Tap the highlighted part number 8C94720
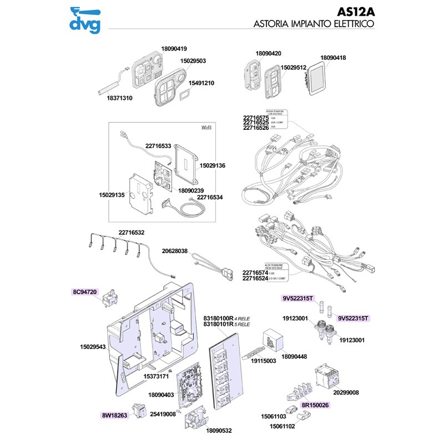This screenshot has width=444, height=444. (84, 291)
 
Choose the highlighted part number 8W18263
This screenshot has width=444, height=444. (114, 415)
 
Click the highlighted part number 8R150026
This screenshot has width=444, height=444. (315, 405)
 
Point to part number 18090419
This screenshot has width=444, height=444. (174, 48)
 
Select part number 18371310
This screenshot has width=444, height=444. (119, 98)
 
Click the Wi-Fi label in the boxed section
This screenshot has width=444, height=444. (206, 128)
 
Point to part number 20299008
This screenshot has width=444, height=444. (346, 392)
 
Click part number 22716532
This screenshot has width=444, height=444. (132, 233)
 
